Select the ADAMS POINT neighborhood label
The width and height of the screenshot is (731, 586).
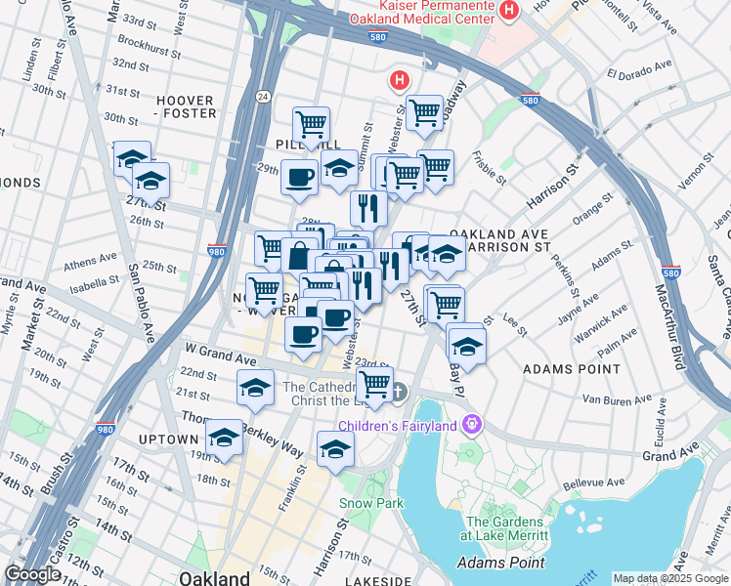[572, 369]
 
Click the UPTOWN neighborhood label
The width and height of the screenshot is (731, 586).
[168, 439]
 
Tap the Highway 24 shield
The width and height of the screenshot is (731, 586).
[264, 96]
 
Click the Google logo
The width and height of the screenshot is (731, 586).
[33, 574]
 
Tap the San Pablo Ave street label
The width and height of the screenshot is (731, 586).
[143, 299]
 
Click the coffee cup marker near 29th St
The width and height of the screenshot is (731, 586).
[299, 178]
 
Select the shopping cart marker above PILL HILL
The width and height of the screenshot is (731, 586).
[311, 123]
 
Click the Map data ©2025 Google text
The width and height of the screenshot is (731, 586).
[670, 578]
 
